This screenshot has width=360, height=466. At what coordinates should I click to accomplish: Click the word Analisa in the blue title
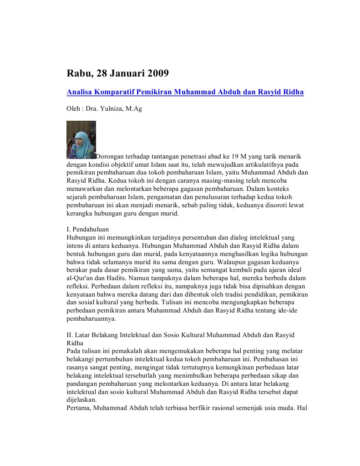click(x=78, y=92)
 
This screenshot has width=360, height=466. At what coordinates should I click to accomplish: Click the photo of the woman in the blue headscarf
click(x=81, y=139)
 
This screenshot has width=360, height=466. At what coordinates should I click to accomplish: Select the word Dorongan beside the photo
click(x=110, y=157)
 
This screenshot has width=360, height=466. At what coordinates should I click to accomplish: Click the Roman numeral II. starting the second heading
click(x=70, y=335)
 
